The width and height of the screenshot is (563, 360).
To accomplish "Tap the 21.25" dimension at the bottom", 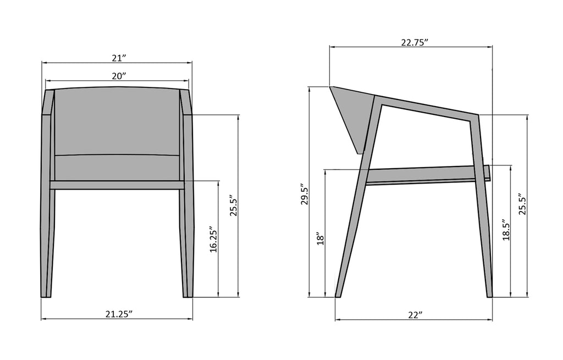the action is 119,314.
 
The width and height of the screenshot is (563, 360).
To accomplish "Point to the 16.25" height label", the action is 213,240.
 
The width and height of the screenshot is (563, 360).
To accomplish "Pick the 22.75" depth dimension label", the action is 415,42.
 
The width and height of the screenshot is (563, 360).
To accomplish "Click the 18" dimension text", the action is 321,239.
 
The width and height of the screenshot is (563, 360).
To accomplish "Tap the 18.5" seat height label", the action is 506,230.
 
